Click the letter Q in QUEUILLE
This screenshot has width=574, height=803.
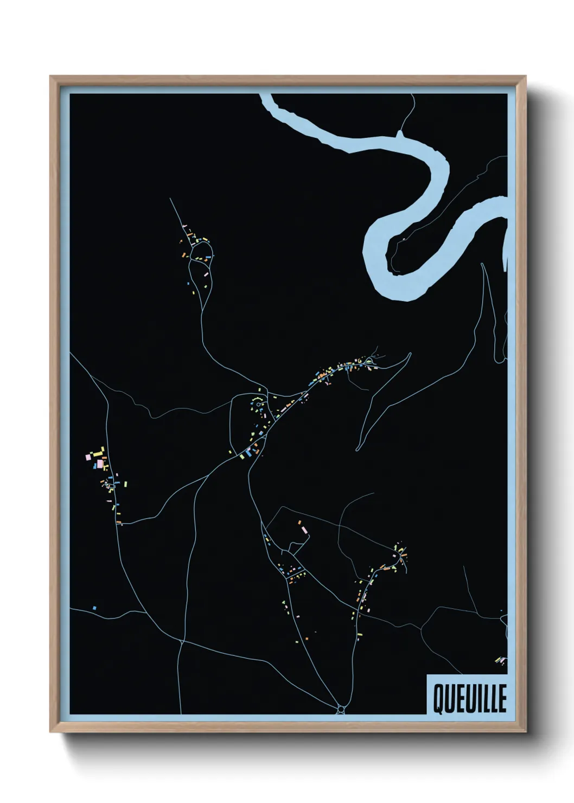coord(437,699)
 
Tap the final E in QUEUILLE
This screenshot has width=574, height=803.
coord(502,699)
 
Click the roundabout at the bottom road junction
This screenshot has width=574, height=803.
coord(341,709)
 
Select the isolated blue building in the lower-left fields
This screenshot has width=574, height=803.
coord(94,608)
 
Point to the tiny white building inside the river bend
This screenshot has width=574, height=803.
coord(404,238)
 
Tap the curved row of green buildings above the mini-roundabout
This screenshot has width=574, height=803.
coord(257,399)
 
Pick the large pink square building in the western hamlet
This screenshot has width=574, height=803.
coord(100,464)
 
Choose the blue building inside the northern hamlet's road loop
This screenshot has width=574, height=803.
coord(200,257)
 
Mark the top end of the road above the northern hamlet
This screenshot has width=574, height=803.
coord(170,199)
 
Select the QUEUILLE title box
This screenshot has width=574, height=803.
coord(467,694)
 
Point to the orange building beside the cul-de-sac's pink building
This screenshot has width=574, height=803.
coord(299,522)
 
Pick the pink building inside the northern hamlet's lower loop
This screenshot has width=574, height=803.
coord(206,275)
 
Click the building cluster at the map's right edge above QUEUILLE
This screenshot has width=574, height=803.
coord(500,660)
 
